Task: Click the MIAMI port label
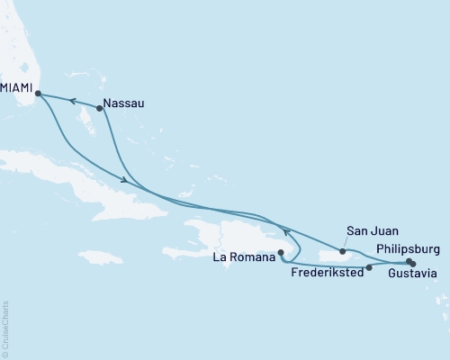[x=17, y=89]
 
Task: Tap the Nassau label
[x=123, y=103]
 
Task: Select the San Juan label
[x=367, y=230]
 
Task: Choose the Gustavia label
[x=414, y=273]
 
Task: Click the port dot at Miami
[x=38, y=92]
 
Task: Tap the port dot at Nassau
[x=100, y=108]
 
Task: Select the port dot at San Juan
[x=342, y=251]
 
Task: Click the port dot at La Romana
[x=281, y=253]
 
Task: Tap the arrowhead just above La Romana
[x=288, y=232]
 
